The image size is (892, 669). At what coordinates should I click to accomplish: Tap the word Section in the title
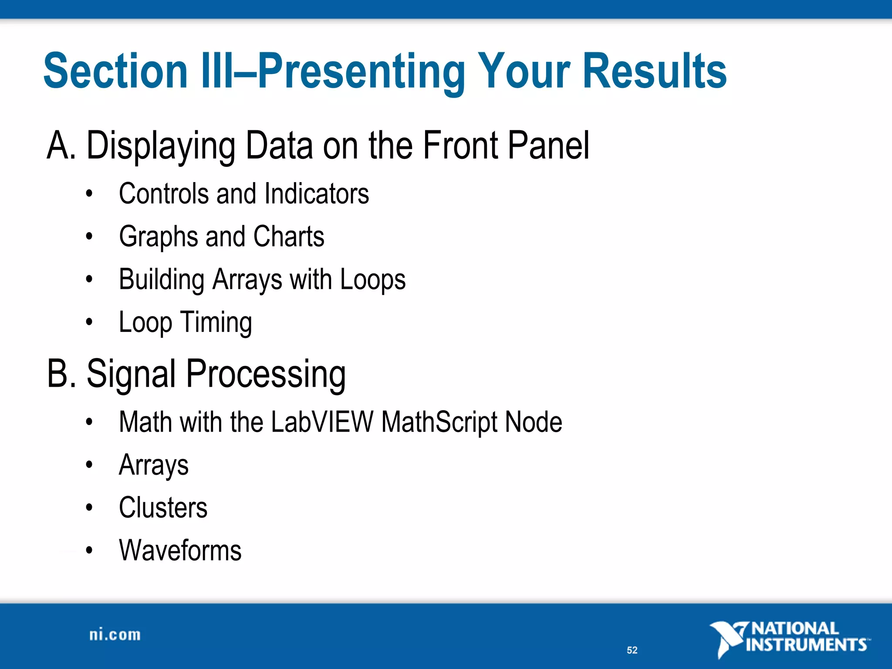click(x=115, y=71)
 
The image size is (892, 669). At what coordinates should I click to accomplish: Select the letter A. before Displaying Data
click(x=61, y=145)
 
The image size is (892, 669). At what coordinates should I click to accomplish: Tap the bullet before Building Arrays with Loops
click(x=89, y=279)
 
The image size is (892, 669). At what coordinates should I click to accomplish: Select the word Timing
click(x=216, y=323)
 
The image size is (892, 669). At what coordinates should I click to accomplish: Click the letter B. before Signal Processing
click(x=61, y=374)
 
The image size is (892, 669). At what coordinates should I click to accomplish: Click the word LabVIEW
click(x=322, y=422)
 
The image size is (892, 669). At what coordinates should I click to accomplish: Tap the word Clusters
click(x=163, y=508)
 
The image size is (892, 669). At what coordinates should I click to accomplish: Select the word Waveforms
click(x=180, y=551)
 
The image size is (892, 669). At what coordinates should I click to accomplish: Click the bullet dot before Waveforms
click(x=89, y=551)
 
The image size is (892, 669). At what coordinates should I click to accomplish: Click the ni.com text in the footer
click(x=115, y=635)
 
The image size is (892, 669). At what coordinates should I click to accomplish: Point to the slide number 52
click(x=632, y=650)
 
